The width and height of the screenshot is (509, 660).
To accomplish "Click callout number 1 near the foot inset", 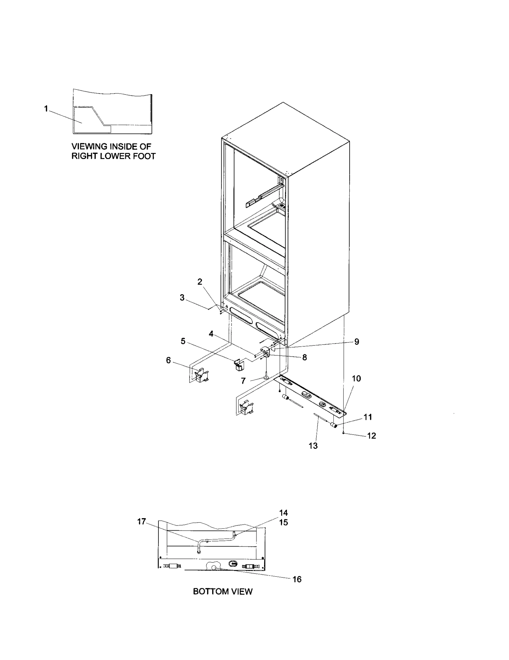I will (46, 109).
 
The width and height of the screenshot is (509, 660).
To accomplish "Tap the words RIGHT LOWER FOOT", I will (113, 156).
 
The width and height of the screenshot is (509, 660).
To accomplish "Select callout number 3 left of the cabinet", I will (182, 298).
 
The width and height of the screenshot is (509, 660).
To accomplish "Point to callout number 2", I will (200, 282).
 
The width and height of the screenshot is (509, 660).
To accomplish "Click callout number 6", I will (168, 360).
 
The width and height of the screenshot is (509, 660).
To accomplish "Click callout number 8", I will (304, 358).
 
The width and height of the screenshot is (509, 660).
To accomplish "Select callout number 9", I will (357, 342).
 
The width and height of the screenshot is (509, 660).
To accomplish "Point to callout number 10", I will (356, 379).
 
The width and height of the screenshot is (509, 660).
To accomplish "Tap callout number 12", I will (372, 435).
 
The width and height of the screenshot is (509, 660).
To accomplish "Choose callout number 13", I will (313, 446).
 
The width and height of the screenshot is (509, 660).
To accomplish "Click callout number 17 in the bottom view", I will (142, 521).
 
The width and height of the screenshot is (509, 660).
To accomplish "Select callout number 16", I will (297, 579).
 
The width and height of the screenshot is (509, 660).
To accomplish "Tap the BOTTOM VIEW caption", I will (223, 592).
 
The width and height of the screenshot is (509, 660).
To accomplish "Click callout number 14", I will (283, 513).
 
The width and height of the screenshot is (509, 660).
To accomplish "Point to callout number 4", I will (211, 334).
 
